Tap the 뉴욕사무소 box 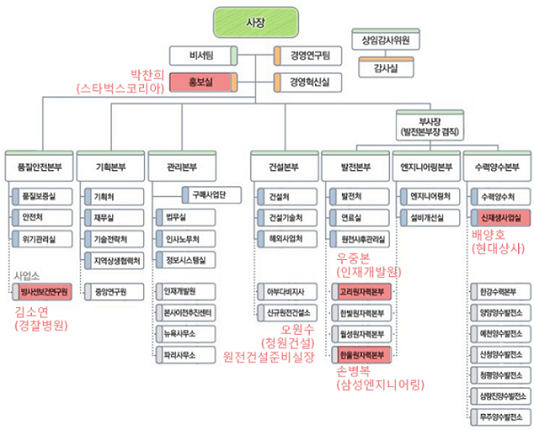click(181, 333)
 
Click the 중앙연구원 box click(109, 290)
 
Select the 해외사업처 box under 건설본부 click(286, 238)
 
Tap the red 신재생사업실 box click(499, 216)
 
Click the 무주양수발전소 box click(499, 417)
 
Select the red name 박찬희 click(150, 74)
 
